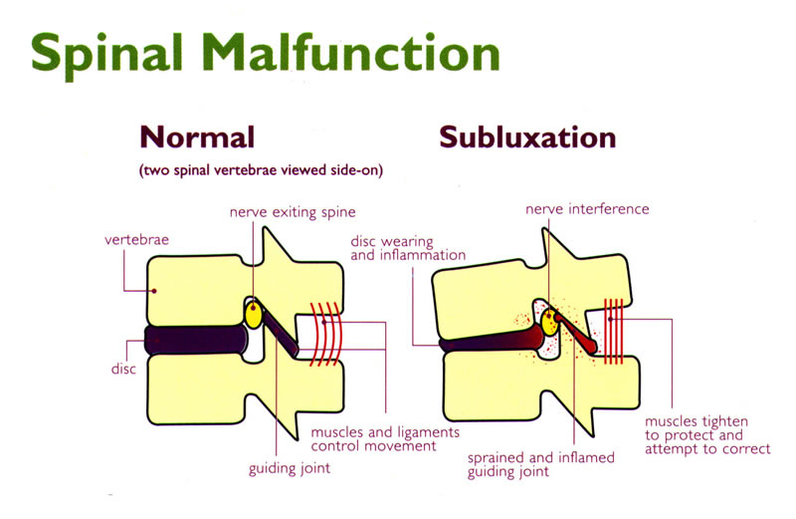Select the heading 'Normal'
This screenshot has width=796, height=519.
pos(197,136)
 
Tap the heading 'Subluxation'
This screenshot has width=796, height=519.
pos(527,136)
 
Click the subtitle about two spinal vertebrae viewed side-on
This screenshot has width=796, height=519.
pos(262,170)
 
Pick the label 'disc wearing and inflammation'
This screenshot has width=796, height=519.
pos(408,248)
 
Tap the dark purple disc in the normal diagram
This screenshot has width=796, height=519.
pos(199,340)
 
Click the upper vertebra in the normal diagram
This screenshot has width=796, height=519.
pos(199,289)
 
